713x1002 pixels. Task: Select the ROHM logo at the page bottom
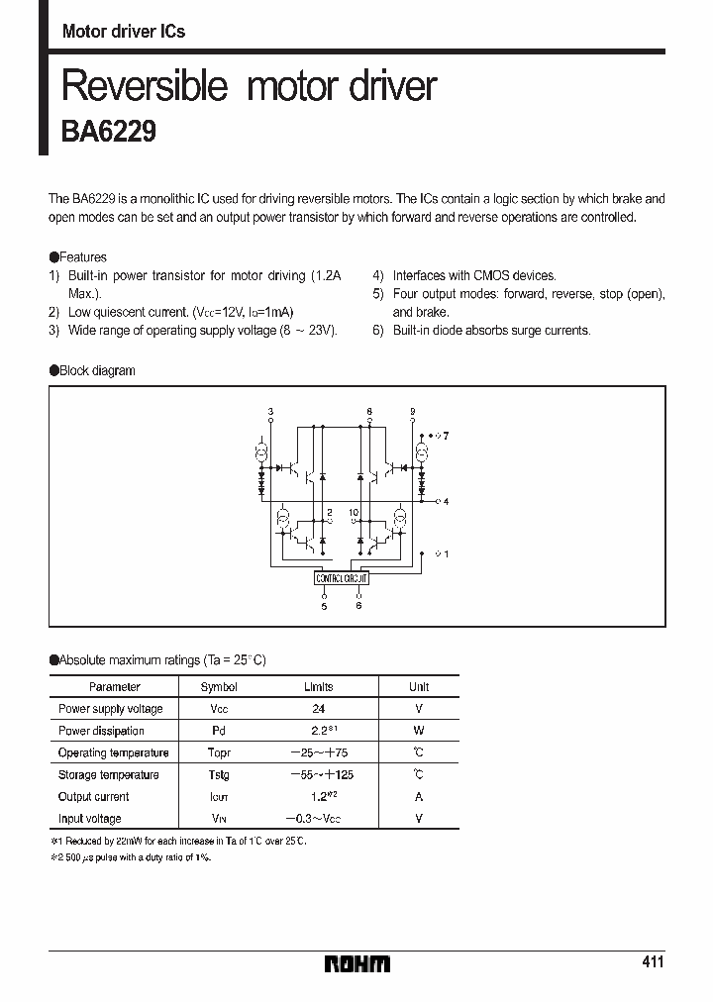click(x=357, y=963)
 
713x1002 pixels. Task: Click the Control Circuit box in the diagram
click(x=342, y=577)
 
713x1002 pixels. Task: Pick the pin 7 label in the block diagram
click(x=447, y=436)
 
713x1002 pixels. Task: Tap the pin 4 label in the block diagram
click(x=447, y=502)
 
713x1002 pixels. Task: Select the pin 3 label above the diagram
click(x=271, y=410)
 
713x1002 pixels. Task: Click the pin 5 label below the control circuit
click(x=324, y=606)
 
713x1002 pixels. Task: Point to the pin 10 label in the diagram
click(x=354, y=514)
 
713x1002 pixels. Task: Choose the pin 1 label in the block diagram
click(x=447, y=553)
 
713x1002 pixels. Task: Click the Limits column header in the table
click(x=318, y=686)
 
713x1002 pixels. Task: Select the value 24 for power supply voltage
click(x=318, y=709)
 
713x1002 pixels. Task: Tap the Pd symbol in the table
click(x=219, y=731)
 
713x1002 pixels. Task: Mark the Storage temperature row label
click(x=108, y=774)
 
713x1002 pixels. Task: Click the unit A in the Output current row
click(x=419, y=797)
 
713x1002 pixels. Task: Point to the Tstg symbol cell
click(x=219, y=774)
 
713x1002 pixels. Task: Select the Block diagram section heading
click(x=97, y=370)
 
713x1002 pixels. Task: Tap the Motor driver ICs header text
click(x=124, y=32)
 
